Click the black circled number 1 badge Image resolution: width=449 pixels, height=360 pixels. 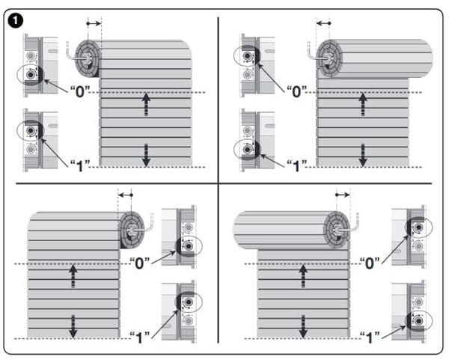coord(16,20)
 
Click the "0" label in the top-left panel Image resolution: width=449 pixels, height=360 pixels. coord(80,91)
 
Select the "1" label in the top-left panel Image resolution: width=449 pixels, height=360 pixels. coord(80,166)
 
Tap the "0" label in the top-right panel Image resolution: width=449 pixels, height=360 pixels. coord(297,91)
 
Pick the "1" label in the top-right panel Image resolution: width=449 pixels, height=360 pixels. coord(297,166)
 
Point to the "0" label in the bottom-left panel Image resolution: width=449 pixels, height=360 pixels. coord(140,263)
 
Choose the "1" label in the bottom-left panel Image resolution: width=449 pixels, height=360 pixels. coord(140,338)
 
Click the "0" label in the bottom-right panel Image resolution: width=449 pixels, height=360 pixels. coord(370,263)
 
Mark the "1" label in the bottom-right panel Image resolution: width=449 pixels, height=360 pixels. coord(370,338)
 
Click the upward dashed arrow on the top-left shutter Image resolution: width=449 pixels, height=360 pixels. coord(147,104)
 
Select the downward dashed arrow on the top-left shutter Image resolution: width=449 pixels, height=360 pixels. coord(147,155)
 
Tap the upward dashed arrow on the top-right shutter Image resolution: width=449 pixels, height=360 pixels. coord(363,104)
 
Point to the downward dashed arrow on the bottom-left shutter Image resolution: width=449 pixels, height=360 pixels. coord(73,327)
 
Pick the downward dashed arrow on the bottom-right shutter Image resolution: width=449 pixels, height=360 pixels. coord(303,327)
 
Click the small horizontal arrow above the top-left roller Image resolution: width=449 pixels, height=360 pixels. coord(94,23)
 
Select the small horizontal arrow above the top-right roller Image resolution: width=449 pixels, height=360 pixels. coord(323,23)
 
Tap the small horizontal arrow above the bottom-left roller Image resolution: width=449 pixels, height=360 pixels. coord(126,195)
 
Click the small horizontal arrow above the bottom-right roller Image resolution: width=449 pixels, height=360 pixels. coord(343,195)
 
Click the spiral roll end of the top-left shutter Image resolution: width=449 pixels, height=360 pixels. coord(88,58)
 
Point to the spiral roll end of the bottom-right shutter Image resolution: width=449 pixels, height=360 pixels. coord(337,230)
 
